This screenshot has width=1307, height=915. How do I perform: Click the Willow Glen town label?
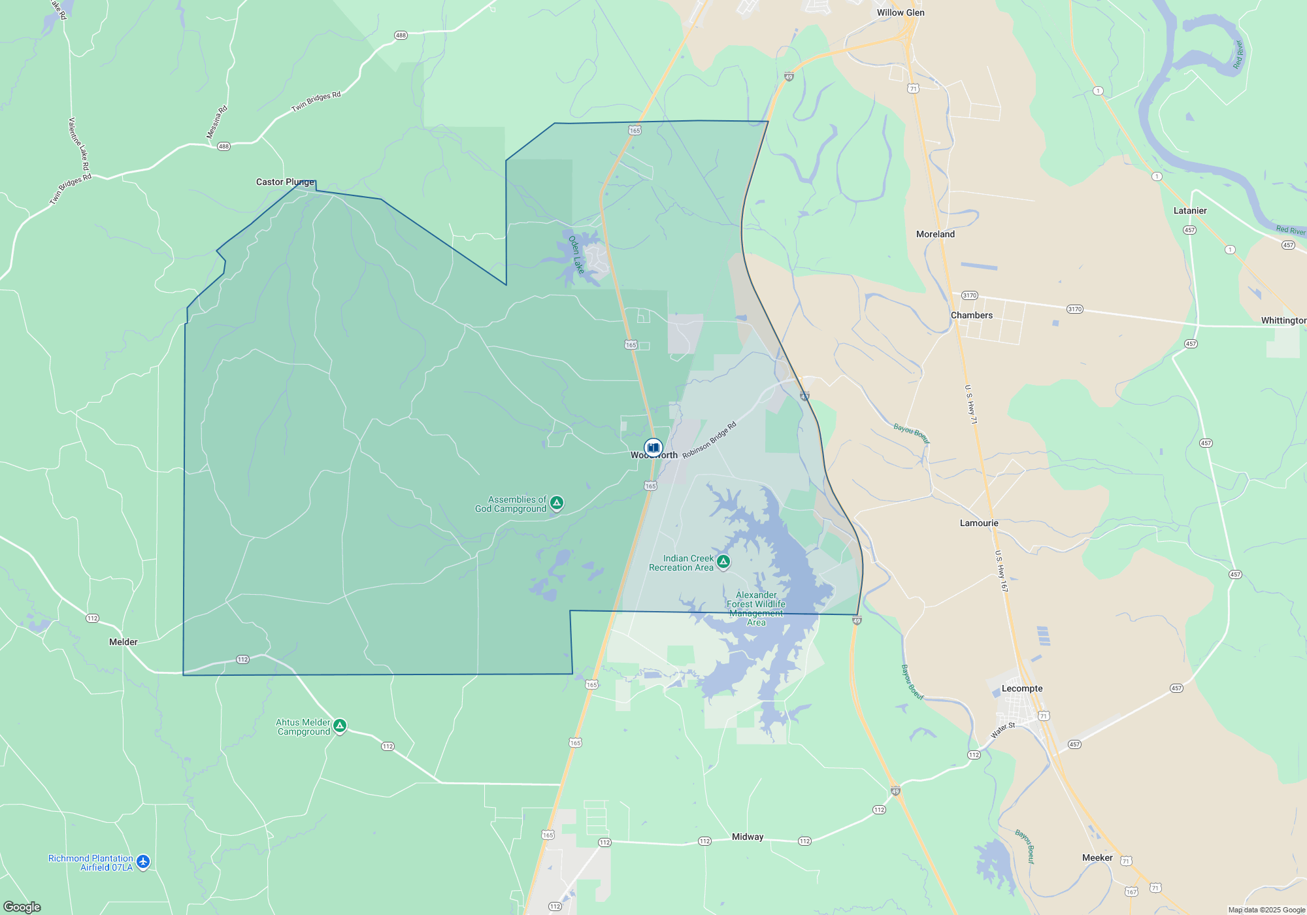coord(901,12)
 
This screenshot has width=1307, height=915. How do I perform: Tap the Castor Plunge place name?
coord(285,182)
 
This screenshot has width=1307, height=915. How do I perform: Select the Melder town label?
coord(123,642)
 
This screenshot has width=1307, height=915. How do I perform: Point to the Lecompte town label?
coord(1022,688)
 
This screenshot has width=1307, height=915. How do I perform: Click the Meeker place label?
coord(1097,857)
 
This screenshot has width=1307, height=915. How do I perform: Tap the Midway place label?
coord(748,837)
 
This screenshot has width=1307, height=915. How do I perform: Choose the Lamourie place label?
coord(979,523)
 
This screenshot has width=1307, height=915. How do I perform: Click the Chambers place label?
coord(972,315)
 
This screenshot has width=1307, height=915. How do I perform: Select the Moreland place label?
coord(935,234)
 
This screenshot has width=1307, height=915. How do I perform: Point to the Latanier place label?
coord(1190,210)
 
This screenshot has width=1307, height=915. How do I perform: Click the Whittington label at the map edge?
coord(1283,320)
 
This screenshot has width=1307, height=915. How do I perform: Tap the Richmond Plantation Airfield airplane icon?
coord(143,861)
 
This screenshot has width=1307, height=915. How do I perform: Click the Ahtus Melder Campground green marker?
coord(340,725)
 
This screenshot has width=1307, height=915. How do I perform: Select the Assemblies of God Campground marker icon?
coord(557,502)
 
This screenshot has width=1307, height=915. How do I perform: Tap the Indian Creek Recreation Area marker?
coord(723,561)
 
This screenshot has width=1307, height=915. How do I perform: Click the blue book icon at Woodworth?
coord(653,448)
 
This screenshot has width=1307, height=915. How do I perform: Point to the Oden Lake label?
coord(576,254)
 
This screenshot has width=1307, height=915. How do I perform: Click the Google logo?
coord(22,907)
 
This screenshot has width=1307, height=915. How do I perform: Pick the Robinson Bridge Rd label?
coord(709,440)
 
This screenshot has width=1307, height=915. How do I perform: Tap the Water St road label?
coord(1003,730)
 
